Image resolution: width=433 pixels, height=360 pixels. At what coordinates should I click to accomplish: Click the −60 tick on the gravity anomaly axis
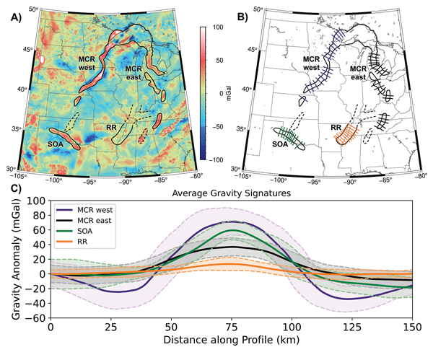(37, 318)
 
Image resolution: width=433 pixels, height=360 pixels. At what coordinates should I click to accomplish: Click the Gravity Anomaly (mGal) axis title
(12, 258)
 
